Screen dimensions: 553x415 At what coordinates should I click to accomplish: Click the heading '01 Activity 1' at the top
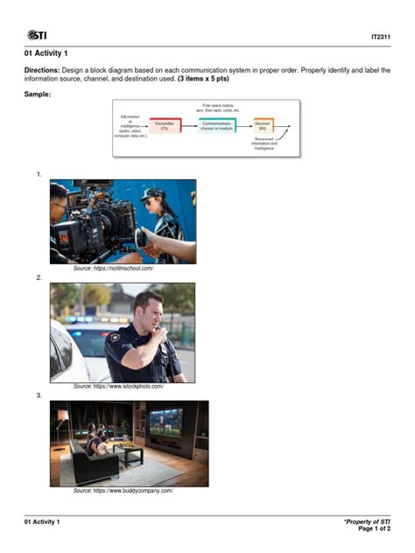point(46,53)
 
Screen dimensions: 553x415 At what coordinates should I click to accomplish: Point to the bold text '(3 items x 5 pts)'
point(206,78)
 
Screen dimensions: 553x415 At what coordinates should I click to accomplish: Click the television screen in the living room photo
point(165,423)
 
